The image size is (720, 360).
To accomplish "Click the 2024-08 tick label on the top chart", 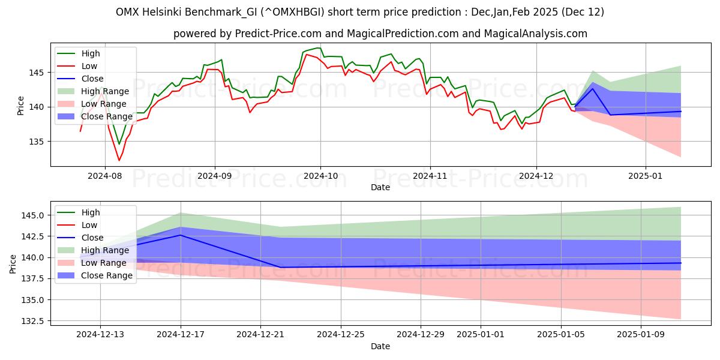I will coord(105,176).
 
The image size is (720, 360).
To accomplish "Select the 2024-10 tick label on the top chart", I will coord(320,176).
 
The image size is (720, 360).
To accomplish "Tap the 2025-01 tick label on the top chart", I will coord(646,176).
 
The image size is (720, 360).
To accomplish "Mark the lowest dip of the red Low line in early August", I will coord(119,160).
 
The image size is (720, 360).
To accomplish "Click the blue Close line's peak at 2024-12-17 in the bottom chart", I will coord(181,235).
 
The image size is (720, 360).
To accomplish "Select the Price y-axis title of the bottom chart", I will coord(13,263).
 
